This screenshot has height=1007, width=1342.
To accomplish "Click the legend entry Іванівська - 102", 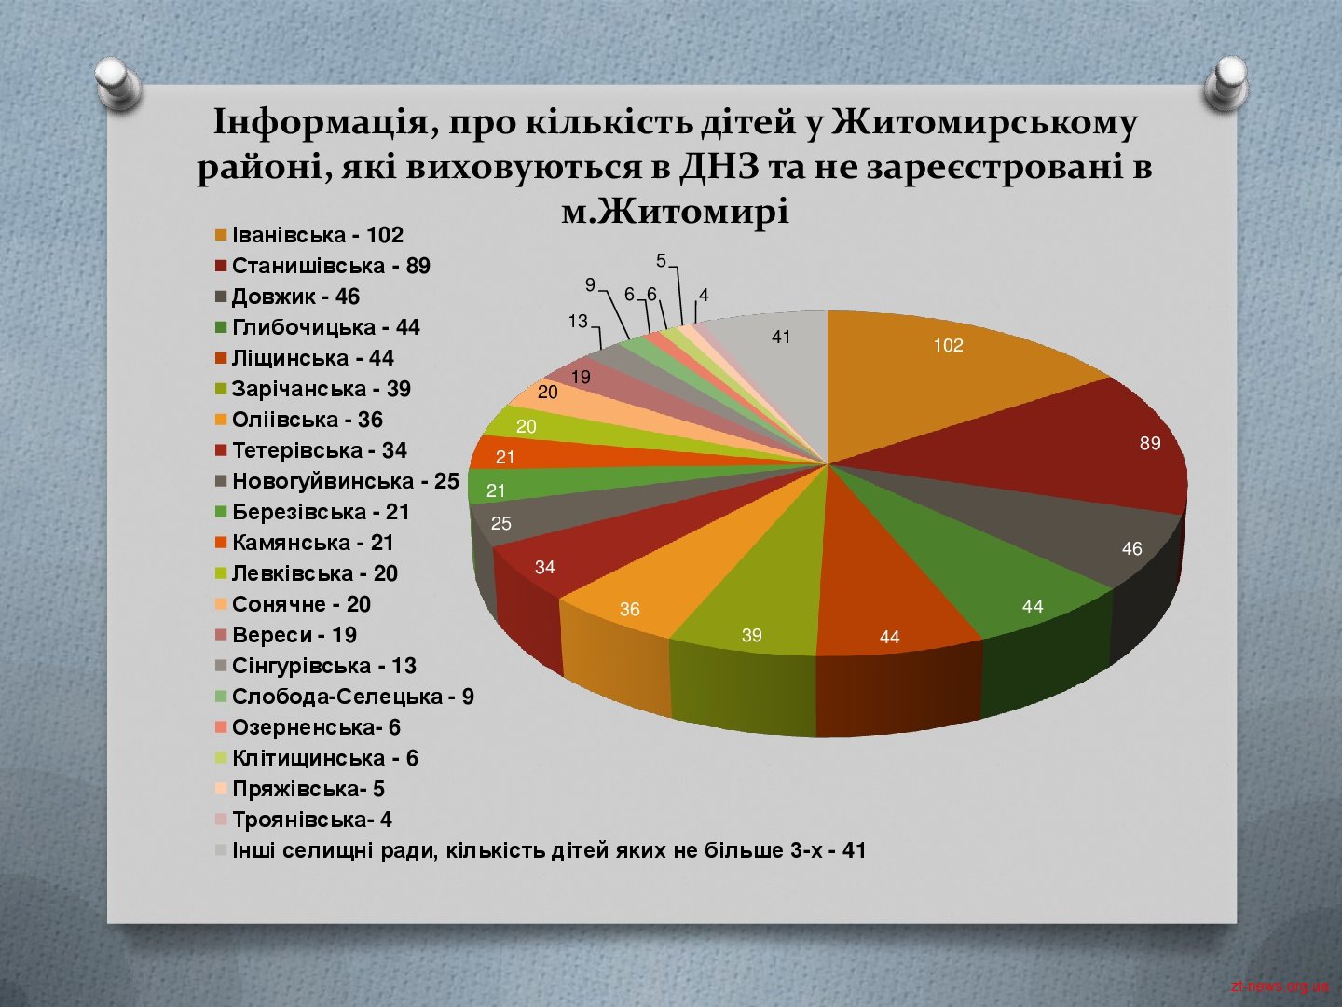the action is coord(309,235).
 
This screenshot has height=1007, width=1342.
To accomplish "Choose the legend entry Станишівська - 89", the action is coord(322,266).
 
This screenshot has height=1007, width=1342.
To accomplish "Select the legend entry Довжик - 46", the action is coord(287,297).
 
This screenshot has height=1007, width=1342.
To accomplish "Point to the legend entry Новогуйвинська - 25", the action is coord(336,481).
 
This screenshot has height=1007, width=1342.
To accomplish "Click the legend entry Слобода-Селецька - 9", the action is coord(344,697).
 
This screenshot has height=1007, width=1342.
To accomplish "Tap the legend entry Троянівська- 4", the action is coord(303,820).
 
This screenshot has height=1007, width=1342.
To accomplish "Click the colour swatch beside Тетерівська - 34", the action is coord(221,451).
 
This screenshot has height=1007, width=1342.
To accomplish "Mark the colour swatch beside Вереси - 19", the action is coord(221,636).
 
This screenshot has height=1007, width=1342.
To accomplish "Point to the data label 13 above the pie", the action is coord(578,321).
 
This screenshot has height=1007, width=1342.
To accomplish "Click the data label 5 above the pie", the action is coord(661,261).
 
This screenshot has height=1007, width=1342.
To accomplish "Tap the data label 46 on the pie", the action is coord(1131,548).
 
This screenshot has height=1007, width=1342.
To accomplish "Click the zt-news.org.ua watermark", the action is coord(1280,986).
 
